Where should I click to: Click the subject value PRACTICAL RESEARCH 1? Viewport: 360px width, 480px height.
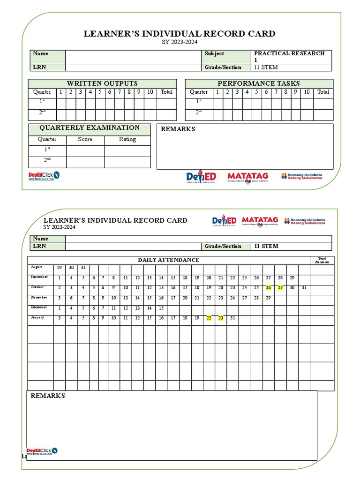(x=289, y=57)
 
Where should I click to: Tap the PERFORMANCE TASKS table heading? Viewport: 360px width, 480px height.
(x=258, y=83)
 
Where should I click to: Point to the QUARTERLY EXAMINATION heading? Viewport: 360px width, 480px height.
(x=89, y=128)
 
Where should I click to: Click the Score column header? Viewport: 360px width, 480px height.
(x=85, y=139)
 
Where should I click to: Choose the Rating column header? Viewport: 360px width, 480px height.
(x=127, y=139)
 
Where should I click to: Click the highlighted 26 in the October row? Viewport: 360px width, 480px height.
(x=268, y=288)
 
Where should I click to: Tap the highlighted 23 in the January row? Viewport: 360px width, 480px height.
(x=220, y=318)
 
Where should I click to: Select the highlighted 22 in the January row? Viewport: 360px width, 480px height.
(x=209, y=318)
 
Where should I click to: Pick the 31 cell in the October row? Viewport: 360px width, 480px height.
(x=304, y=288)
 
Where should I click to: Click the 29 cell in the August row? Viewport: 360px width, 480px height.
(x=59, y=268)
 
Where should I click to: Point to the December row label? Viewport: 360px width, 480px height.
(x=40, y=307)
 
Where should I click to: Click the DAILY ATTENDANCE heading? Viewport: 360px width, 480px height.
(x=168, y=260)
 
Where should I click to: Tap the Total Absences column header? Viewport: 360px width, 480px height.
(x=322, y=260)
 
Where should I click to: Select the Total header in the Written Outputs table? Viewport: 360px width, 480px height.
(x=166, y=92)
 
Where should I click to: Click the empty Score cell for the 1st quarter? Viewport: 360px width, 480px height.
(x=85, y=151)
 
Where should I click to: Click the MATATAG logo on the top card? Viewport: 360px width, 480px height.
(x=248, y=177)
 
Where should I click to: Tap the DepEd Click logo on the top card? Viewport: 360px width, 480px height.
(x=44, y=176)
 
